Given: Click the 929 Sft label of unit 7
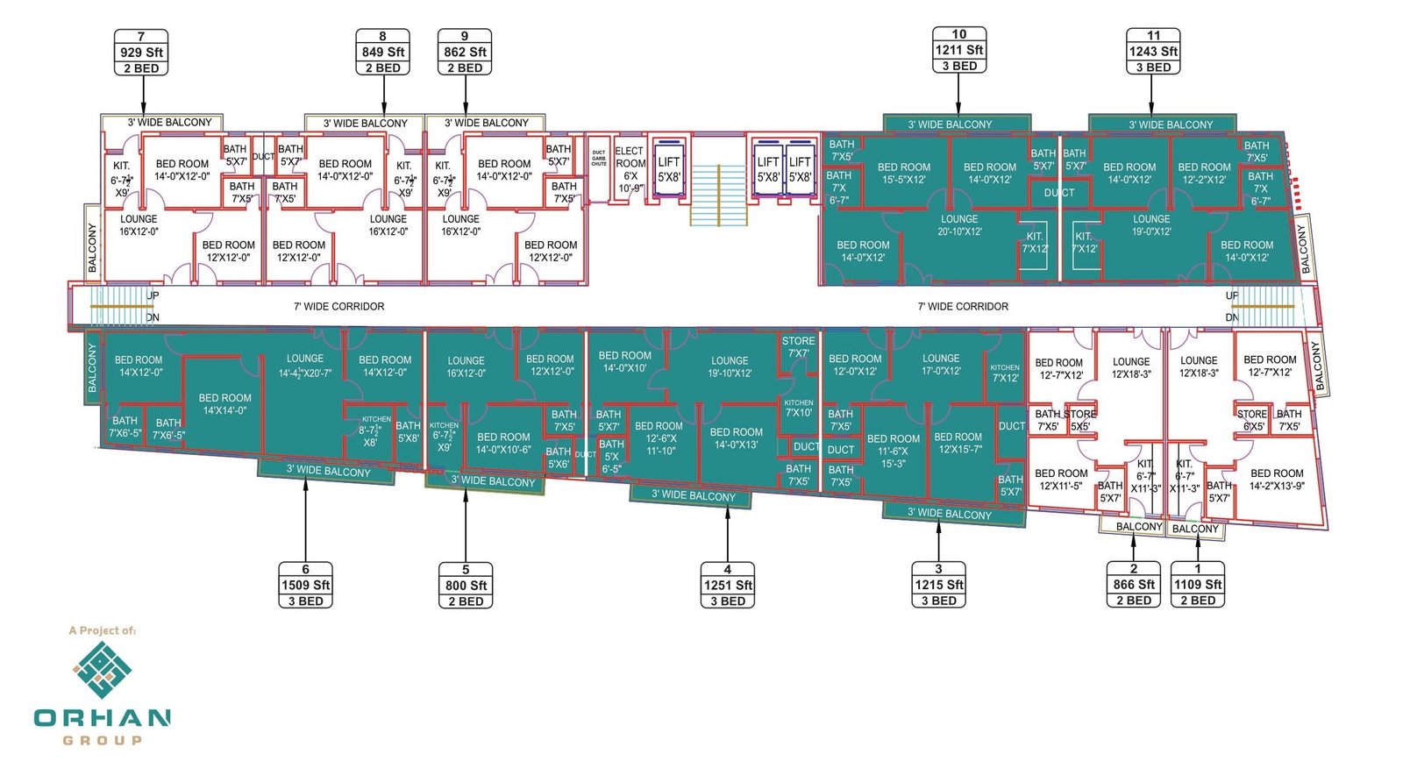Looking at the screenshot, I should [x=141, y=53].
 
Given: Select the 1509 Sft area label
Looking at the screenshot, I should [x=305, y=586].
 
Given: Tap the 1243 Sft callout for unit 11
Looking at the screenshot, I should [x=1153, y=52].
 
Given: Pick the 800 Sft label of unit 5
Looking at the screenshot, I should [x=466, y=586].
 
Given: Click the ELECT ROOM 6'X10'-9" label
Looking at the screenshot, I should [x=630, y=169].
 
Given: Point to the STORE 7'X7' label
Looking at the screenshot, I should [x=798, y=347].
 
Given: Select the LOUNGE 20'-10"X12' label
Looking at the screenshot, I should [x=959, y=225].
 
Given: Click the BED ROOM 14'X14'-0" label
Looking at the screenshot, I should [x=224, y=404].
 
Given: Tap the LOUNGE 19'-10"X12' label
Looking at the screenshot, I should [x=730, y=366].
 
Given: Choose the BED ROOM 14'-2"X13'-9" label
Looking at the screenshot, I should [x=1277, y=480].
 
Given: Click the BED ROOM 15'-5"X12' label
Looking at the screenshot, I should [x=904, y=173].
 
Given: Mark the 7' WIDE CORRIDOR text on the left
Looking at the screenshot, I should [x=338, y=307].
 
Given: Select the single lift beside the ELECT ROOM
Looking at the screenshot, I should [x=668, y=169].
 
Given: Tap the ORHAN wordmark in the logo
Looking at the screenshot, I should [x=103, y=718].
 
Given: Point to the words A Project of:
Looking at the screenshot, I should [x=103, y=630].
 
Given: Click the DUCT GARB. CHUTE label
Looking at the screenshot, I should [x=599, y=159].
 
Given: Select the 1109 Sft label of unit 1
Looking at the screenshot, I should [x=1198, y=585].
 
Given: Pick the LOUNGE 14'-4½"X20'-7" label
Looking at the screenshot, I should [x=305, y=366].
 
